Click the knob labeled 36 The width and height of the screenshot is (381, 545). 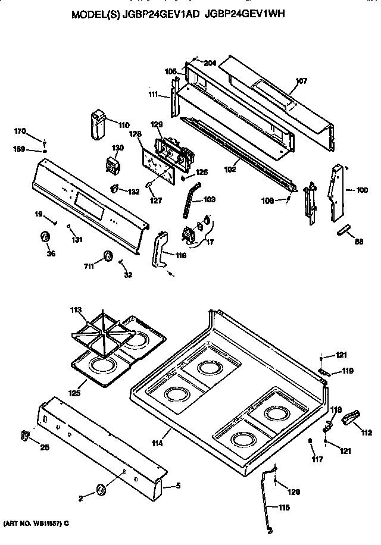(x=45, y=238)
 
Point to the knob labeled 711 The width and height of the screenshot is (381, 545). (x=107, y=256)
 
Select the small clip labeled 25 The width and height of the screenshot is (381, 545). (x=24, y=436)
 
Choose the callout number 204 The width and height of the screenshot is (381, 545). (x=209, y=63)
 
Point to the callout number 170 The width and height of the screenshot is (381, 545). (x=20, y=131)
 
